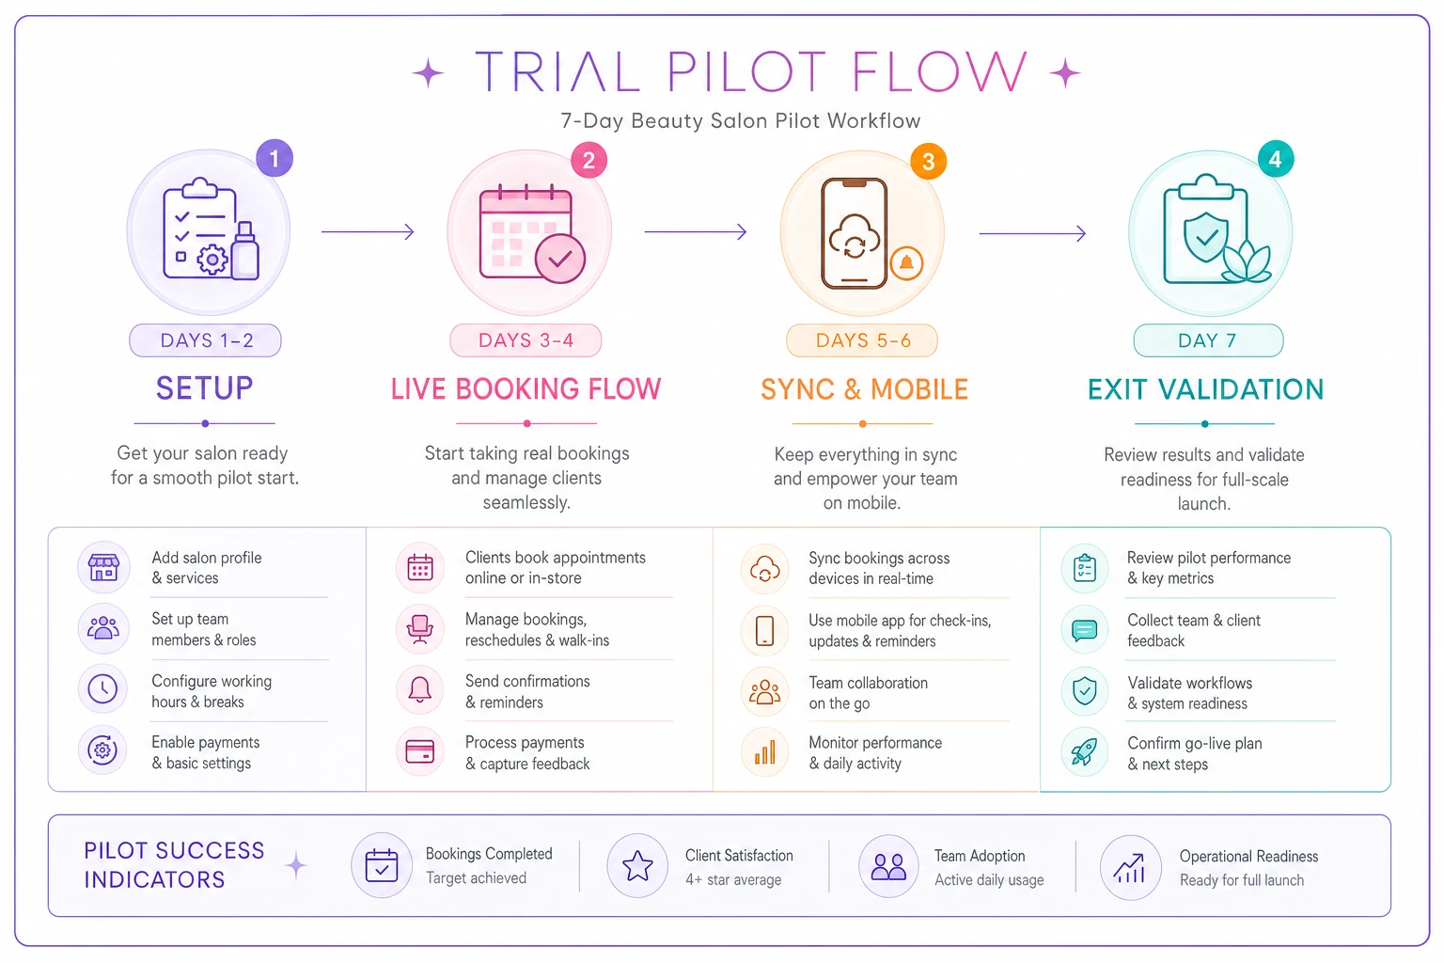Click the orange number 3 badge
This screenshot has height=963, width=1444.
(x=928, y=161)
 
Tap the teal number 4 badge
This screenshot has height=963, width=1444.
(x=1276, y=159)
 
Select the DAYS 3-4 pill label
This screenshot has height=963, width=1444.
(x=526, y=339)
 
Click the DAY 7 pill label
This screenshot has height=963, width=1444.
(x=1208, y=339)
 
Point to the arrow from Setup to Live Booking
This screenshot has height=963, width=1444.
(x=368, y=231)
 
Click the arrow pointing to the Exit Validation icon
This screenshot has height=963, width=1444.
(x=1033, y=233)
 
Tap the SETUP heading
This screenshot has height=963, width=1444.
(x=204, y=388)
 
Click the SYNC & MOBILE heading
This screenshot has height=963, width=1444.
(x=865, y=389)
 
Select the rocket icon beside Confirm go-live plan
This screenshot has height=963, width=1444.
(x=1085, y=752)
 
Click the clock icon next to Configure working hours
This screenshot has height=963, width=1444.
(x=102, y=689)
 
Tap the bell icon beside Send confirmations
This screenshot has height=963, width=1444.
(x=419, y=689)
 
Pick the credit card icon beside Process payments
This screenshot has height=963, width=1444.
(x=419, y=751)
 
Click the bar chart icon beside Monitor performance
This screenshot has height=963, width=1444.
(x=765, y=752)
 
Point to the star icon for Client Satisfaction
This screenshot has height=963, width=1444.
(x=637, y=865)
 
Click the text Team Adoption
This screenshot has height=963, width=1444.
(x=980, y=856)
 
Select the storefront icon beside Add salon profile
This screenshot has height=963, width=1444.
(x=103, y=567)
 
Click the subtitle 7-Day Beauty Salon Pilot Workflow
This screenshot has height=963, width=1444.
(x=741, y=120)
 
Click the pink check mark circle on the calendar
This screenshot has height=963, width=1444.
(x=560, y=260)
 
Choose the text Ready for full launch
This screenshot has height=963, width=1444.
(x=1242, y=880)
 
